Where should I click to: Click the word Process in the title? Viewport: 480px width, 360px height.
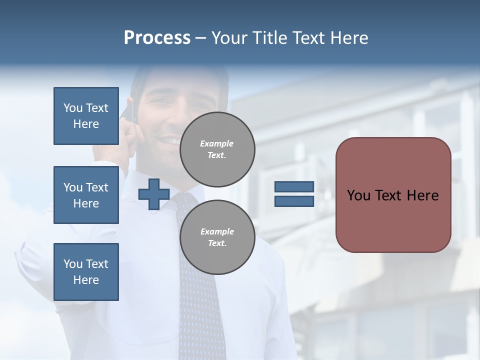pyautogui.click(x=157, y=38)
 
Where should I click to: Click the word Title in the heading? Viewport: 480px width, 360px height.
pyautogui.click(x=269, y=38)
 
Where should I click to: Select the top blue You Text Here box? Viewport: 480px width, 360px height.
pyautogui.click(x=86, y=116)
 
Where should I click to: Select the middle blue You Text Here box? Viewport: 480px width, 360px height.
pyautogui.click(x=86, y=195)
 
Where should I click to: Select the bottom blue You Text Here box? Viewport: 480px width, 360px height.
pyautogui.click(x=86, y=272)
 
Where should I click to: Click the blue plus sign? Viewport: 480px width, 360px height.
pyautogui.click(x=153, y=194)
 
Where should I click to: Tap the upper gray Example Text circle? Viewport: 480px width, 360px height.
pyautogui.click(x=217, y=149)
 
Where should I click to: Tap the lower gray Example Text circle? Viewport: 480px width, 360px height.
pyautogui.click(x=217, y=237)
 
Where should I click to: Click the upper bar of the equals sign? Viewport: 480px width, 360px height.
pyautogui.click(x=294, y=186)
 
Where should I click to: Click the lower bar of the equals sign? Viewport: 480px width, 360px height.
pyautogui.click(x=294, y=201)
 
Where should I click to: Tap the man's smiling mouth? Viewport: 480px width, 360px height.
pyautogui.click(x=167, y=140)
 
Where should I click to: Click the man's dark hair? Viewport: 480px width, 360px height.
pyautogui.click(x=180, y=75)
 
